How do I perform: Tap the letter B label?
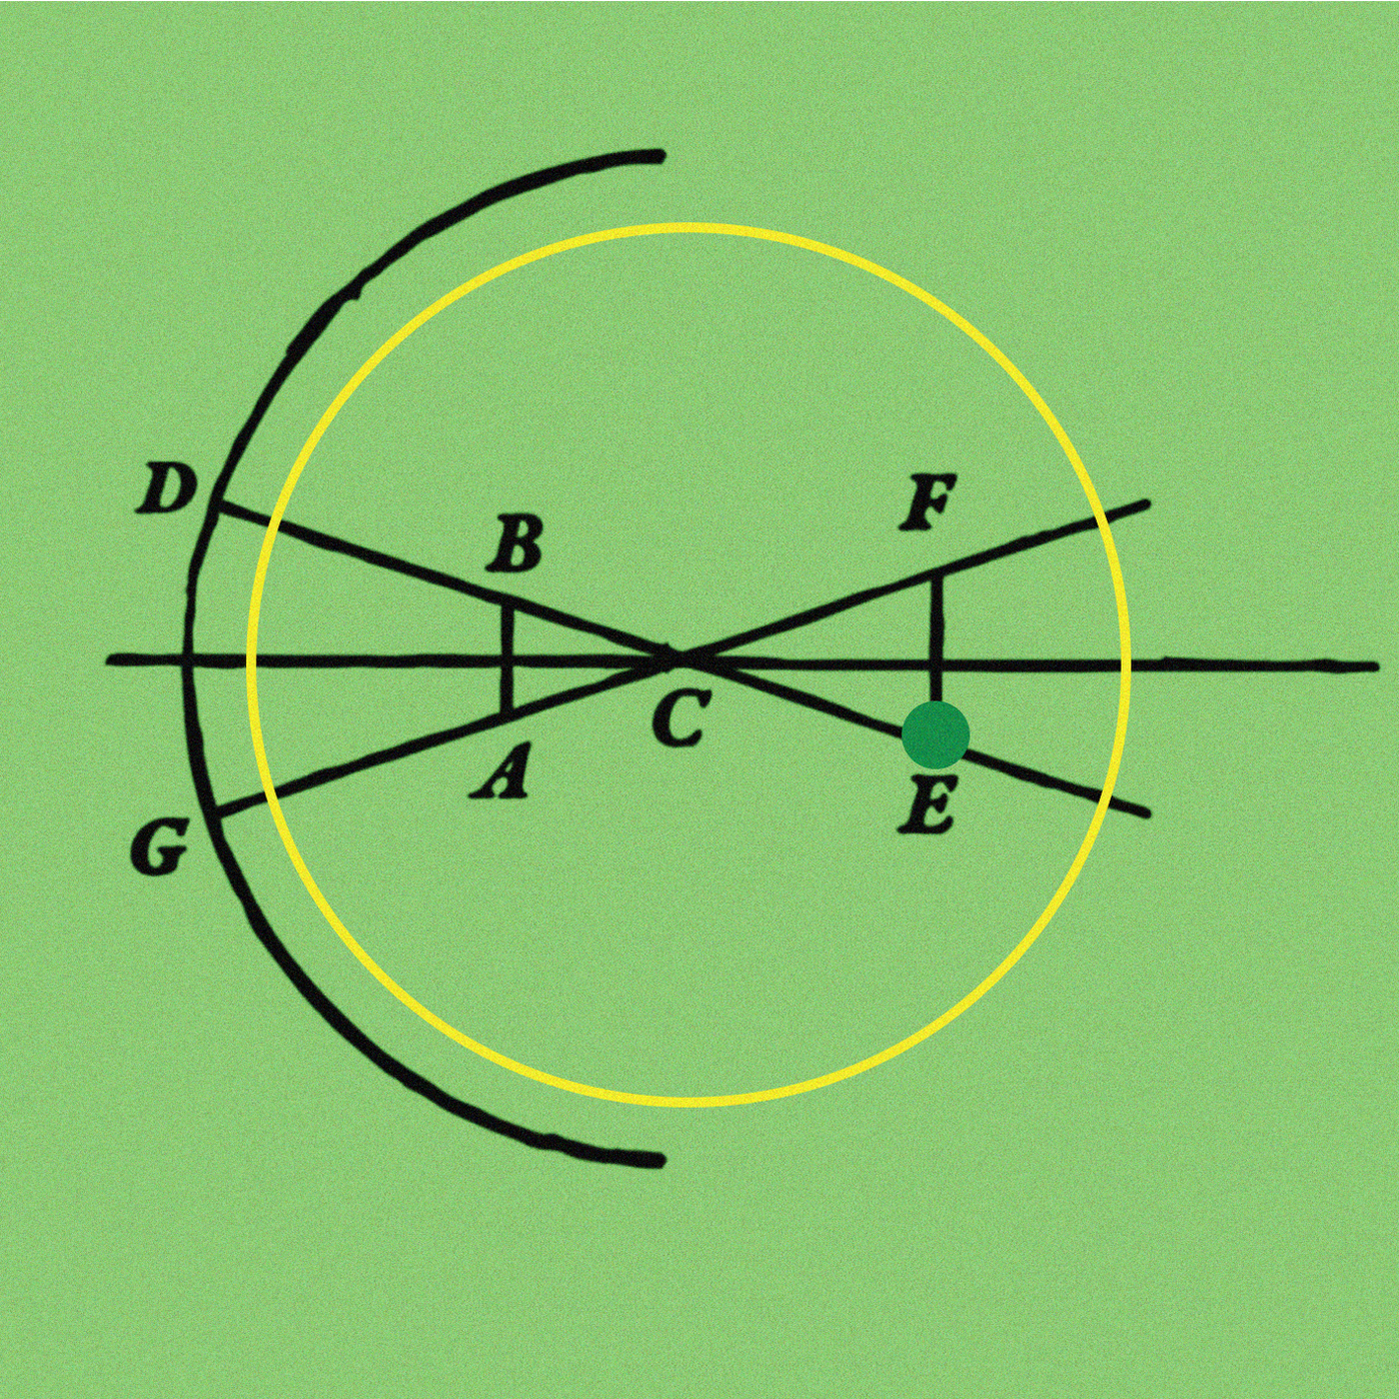514,545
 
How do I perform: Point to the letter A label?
499,774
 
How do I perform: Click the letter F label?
927,503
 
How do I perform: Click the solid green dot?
935,734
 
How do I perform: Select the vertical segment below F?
937,638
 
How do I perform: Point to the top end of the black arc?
658,156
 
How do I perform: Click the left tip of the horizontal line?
109,660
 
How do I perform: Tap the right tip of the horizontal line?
1374,665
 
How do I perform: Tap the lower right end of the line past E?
1147,814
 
